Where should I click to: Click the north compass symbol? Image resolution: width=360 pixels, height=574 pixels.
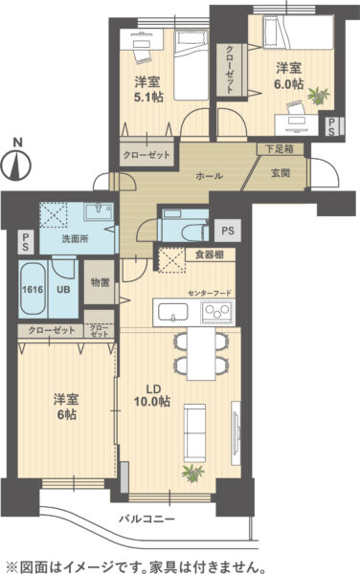[15, 161]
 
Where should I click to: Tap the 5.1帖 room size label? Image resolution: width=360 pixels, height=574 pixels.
[148, 98]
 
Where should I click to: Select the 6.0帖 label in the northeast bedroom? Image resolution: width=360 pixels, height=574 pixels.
[289, 84]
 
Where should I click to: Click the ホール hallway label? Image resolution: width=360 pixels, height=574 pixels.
[209, 176]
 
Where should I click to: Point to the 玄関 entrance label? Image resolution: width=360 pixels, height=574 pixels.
[281, 173]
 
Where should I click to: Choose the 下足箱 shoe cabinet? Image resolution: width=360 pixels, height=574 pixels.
[280, 149]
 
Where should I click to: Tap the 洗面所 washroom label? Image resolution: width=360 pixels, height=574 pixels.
[75, 239]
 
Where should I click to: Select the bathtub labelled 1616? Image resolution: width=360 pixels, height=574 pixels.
[33, 289]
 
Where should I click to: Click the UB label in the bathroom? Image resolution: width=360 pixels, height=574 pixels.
[63, 290]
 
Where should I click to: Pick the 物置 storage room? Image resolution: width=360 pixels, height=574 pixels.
[100, 282]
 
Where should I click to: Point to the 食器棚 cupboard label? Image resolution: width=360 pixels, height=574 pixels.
[209, 254]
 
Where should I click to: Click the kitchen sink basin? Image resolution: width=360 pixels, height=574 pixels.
[173, 312]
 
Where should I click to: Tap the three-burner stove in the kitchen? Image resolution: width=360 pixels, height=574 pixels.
[217, 312]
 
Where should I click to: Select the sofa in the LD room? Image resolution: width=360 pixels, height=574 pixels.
[194, 433]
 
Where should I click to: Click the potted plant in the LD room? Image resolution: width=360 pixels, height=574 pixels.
[192, 474]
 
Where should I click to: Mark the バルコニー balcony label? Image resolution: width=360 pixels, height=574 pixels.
[147, 519]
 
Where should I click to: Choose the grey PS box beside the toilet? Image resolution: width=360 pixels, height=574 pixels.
[228, 231]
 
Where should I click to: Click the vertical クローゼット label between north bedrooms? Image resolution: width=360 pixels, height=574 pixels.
[229, 70]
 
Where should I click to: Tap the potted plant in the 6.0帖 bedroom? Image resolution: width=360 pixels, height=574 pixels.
[319, 96]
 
